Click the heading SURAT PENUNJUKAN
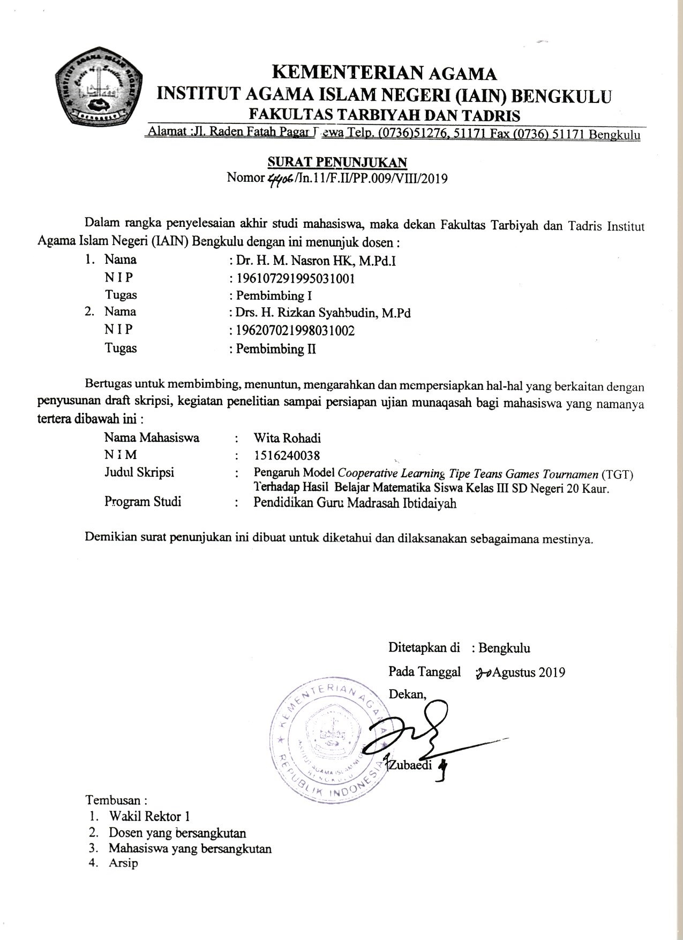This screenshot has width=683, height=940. pos(337,162)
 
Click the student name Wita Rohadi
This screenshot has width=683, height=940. pos(287,438)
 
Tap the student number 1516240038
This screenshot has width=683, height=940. pos(287,456)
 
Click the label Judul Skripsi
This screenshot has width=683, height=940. pos(139,472)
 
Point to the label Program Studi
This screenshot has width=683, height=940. pos(142,502)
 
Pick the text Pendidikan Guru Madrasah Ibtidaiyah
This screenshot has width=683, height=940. pos(355,504)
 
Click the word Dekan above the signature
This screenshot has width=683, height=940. pos(407,694)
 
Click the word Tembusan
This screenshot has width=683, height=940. pos(116,800)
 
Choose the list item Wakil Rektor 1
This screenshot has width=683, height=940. pos(149,817)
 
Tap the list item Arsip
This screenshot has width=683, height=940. pos(124,863)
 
